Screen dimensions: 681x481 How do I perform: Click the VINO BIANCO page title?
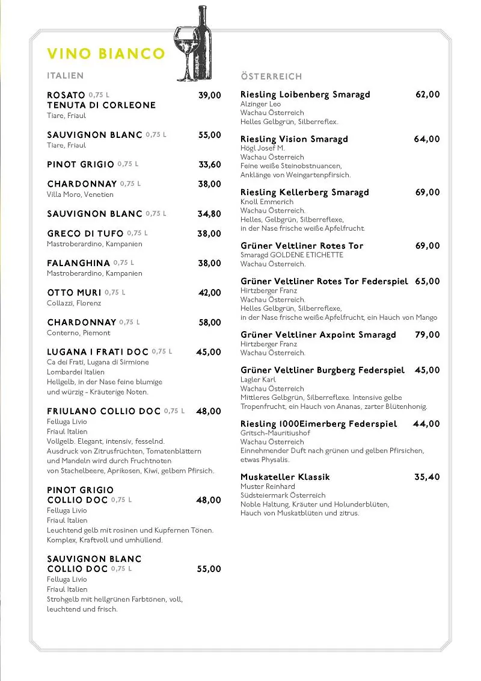(x=106, y=54)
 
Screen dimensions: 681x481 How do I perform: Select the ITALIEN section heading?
(x=65, y=76)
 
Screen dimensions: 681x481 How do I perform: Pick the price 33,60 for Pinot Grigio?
(x=210, y=164)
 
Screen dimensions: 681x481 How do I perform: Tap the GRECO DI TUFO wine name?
(x=85, y=234)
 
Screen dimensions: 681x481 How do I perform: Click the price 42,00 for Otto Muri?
(x=210, y=293)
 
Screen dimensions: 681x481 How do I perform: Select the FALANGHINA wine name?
(x=79, y=263)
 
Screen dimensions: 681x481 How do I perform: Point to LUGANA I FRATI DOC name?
(x=97, y=352)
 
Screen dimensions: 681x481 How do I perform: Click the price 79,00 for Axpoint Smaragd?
(x=427, y=335)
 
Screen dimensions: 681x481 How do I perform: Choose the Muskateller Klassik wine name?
(x=285, y=477)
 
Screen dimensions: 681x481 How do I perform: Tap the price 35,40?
(x=427, y=477)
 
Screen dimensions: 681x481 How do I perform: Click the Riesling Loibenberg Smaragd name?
(x=305, y=95)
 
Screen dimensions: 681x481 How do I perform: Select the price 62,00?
(x=427, y=95)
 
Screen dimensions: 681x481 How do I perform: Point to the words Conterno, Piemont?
(x=79, y=333)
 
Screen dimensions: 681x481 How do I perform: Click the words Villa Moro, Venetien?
(x=80, y=194)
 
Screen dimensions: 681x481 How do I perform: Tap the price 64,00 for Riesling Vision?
(x=427, y=139)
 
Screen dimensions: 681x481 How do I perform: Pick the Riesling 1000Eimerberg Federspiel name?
(x=319, y=424)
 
